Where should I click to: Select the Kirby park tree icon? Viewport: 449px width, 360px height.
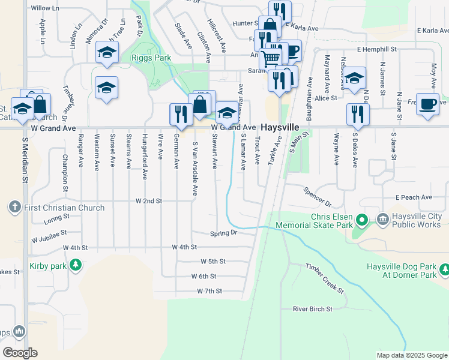pyautogui.click(x=75, y=265)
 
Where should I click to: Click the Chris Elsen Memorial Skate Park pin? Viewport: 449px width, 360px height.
pyautogui.click(x=361, y=220)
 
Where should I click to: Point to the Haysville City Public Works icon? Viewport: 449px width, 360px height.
pyautogui.click(x=382, y=220)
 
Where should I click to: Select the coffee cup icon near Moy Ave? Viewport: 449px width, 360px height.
pyautogui.click(x=427, y=103)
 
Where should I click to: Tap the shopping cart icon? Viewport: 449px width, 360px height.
pyautogui.click(x=271, y=59)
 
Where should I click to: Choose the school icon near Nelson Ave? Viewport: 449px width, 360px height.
pyautogui.click(x=355, y=77)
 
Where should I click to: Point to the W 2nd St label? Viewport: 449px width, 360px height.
pyautogui.click(x=148, y=201)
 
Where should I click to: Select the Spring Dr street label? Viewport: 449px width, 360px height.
pyautogui.click(x=224, y=233)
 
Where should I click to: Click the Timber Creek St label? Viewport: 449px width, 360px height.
pyautogui.click(x=324, y=278)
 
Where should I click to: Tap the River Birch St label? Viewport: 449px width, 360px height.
pyautogui.click(x=312, y=309)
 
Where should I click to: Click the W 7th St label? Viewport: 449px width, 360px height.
pyautogui.click(x=209, y=291)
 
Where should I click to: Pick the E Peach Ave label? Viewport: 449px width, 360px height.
pyautogui.click(x=414, y=197)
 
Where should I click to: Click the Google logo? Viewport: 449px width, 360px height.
pyautogui.click(x=20, y=353)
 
